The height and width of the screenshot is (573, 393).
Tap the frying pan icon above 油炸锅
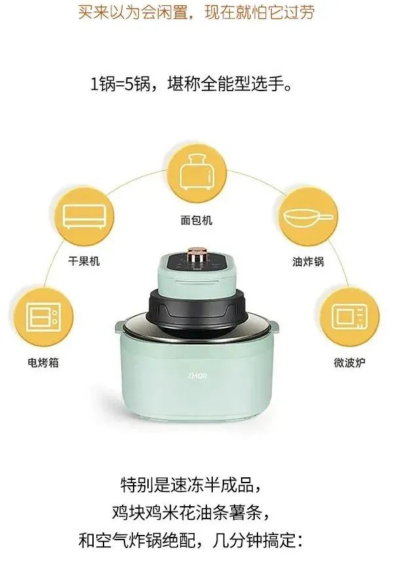pos(309,218)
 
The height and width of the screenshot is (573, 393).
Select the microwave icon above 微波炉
pos(350,316)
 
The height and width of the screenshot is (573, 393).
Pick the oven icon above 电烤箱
pos(43,316)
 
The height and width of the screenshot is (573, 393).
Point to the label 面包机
pos(196,220)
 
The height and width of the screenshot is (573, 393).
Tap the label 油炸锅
pos(309,262)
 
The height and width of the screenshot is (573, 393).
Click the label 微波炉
pos(350,363)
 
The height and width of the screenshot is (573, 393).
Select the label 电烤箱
pos(43,363)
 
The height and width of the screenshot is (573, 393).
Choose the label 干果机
pos(84,261)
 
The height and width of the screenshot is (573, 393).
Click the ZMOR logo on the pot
pos(198,375)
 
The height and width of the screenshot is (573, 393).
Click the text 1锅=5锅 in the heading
pos(121,85)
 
